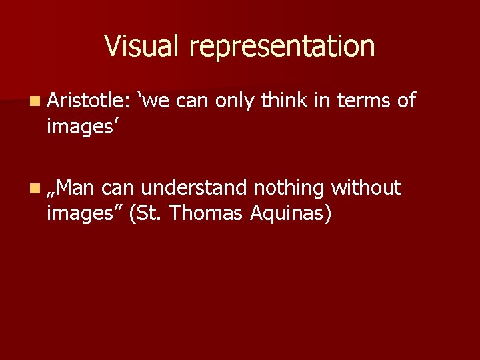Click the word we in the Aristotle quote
155,101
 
